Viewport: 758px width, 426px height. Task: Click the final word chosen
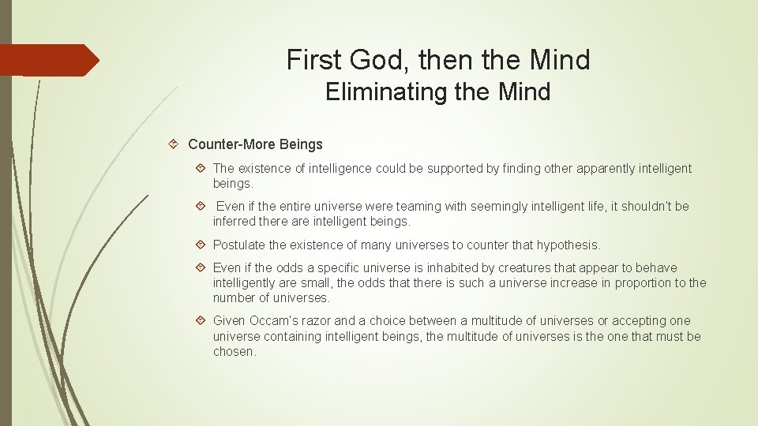click(235, 352)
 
